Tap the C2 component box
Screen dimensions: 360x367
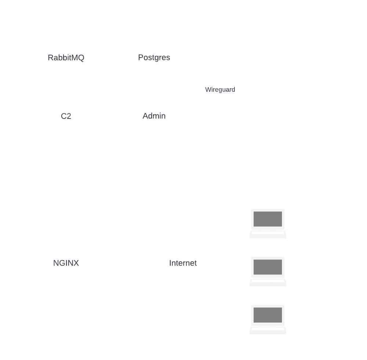[x=66, y=117]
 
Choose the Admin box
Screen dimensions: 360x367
[x=154, y=117]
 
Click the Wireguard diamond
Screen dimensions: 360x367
[x=220, y=90]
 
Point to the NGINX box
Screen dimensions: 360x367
[x=66, y=264]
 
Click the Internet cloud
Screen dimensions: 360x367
[x=183, y=263]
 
